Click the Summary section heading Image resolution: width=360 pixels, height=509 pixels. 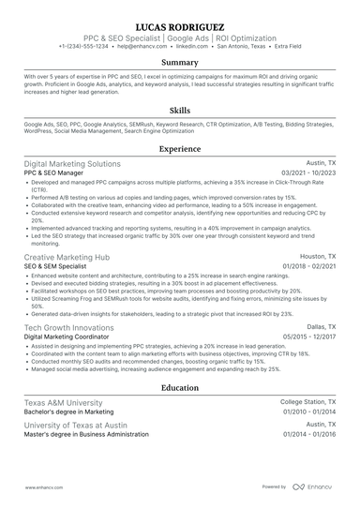coord(180,63)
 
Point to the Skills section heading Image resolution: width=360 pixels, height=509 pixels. coord(180,110)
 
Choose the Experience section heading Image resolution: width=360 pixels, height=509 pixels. coord(180,148)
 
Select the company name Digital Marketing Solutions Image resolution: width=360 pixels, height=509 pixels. coord(72,163)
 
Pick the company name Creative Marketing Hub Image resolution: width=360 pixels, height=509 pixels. coord(67,256)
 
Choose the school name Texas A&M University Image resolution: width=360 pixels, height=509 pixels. coord(63,401)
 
